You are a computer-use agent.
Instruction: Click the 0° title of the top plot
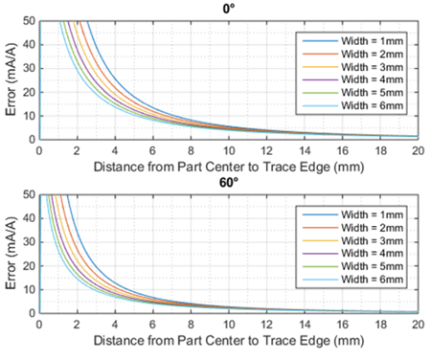click(x=230, y=9)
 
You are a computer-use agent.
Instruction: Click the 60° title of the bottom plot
click(x=230, y=183)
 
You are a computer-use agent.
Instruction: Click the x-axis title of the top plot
click(x=230, y=166)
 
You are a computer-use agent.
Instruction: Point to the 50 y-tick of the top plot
click(x=30, y=20)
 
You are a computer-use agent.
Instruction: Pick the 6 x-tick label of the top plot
click(x=153, y=151)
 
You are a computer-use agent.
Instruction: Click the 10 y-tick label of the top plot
click(x=30, y=116)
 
